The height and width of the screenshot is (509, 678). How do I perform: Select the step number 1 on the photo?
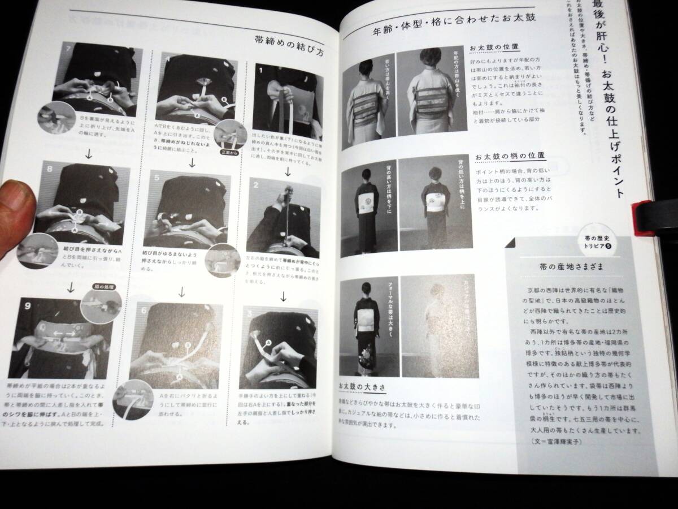[260, 72]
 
